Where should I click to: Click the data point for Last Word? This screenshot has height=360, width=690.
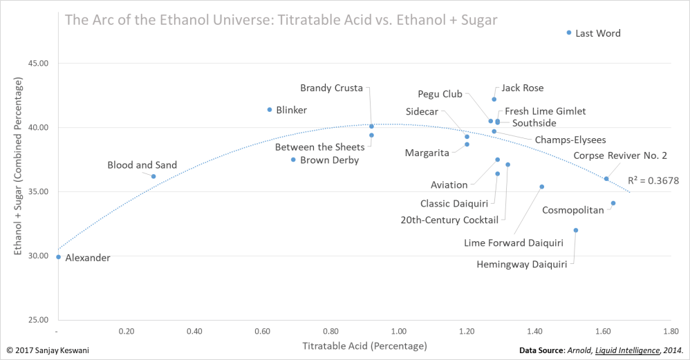point(569,32)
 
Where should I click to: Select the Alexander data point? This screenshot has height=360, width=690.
point(58,257)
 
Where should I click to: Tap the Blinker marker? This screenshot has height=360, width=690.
point(270,110)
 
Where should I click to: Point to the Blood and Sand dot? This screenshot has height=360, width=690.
point(153,176)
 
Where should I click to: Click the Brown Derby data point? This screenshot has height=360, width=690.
point(293,160)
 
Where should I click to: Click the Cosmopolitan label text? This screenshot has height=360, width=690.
point(573,209)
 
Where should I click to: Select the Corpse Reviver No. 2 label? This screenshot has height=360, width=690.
point(619,155)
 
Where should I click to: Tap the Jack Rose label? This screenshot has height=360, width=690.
point(523,88)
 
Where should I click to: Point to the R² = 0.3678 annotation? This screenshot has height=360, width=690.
point(653,180)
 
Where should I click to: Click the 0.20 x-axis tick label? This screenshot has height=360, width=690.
point(126,331)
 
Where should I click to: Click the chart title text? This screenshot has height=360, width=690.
point(281,19)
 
